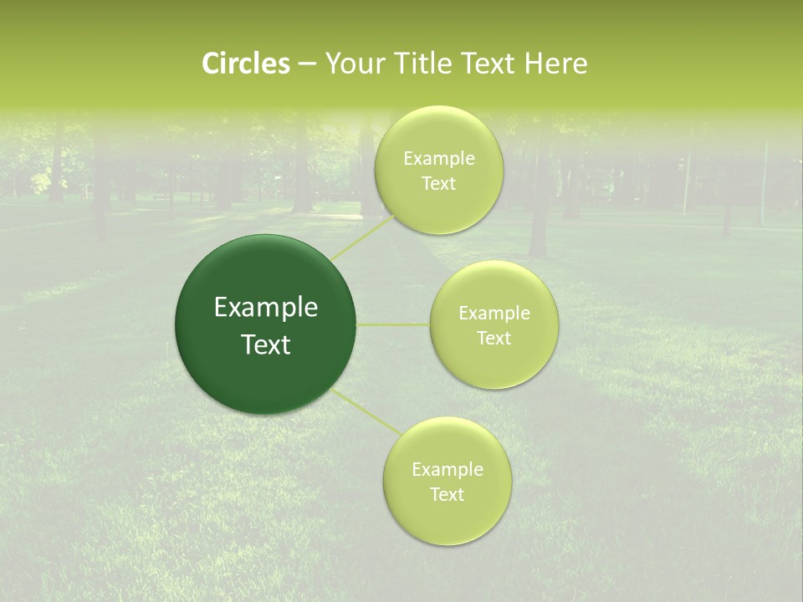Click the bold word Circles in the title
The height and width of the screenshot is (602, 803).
pyautogui.click(x=246, y=64)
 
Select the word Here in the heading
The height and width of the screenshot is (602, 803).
pyautogui.click(x=555, y=64)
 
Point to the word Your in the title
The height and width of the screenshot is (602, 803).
pyautogui.click(x=355, y=64)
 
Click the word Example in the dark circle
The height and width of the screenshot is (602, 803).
pyautogui.click(x=266, y=308)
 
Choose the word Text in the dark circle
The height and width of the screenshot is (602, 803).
pyautogui.click(x=266, y=344)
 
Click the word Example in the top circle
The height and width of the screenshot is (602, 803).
pyautogui.click(x=439, y=159)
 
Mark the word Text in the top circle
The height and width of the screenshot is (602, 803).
pyautogui.click(x=439, y=184)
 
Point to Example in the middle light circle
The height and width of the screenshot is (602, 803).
pyautogui.click(x=494, y=314)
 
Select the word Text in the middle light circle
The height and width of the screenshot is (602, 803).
pyautogui.click(x=494, y=339)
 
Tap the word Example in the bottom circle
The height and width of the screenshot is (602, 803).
pyautogui.click(x=448, y=470)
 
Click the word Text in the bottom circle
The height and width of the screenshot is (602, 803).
pyautogui.click(x=447, y=495)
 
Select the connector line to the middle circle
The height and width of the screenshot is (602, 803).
pyautogui.click(x=393, y=324)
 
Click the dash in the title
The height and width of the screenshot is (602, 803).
pyautogui.click(x=306, y=64)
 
